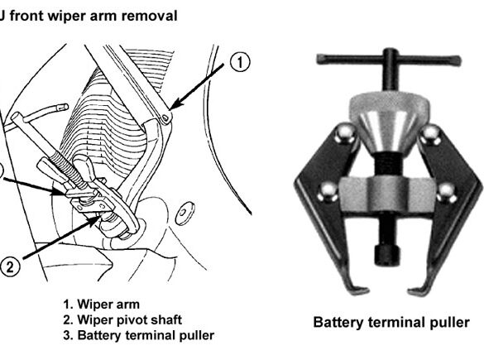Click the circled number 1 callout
pyautogui.click(x=240, y=62)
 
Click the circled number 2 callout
pyautogui.click(x=10, y=266)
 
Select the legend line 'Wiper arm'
pyautogui.click(x=102, y=304)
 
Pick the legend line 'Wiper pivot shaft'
pyautogui.click(x=122, y=319)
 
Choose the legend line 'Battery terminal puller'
pyautogui.click(x=139, y=335)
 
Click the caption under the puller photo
pyautogui.click(x=391, y=322)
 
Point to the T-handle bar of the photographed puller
pyautogui.click(x=389, y=59)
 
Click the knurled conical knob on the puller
pyautogui.click(x=389, y=122)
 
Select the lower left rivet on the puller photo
pyautogui.click(x=329, y=192)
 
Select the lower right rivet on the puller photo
pyautogui.click(x=447, y=193)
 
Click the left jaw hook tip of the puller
pyautogui.click(x=367, y=290)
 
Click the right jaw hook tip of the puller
pyautogui.click(x=410, y=291)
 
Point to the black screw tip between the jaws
pyautogui.click(x=387, y=255)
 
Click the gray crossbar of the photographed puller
pyautogui.click(x=387, y=194)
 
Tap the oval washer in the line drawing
pyautogui.click(x=184, y=213)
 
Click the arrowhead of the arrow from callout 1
pyautogui.click(x=175, y=104)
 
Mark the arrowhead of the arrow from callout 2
pyautogui.click(x=95, y=220)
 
